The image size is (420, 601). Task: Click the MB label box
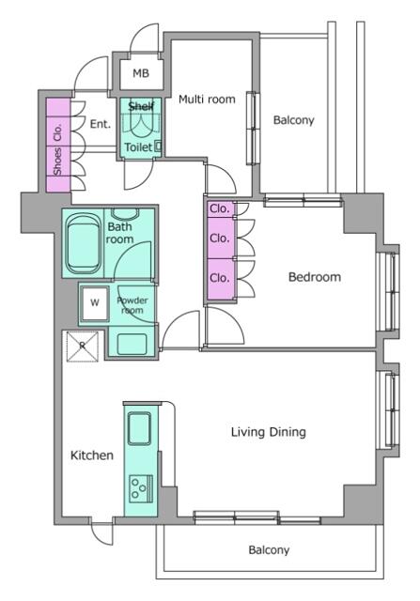(x=140, y=73)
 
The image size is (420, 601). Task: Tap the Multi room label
(x=206, y=98)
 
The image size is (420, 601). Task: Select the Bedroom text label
(x=314, y=277)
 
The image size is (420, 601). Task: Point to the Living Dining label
(x=269, y=432)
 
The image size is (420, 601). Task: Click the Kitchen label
(x=92, y=455)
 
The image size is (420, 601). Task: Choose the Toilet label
(x=137, y=147)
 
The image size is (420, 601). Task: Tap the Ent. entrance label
(x=101, y=123)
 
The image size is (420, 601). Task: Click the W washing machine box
(x=94, y=302)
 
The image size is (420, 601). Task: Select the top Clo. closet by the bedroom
(x=220, y=208)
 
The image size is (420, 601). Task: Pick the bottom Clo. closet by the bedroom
(x=220, y=278)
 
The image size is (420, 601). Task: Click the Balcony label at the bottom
(x=269, y=550)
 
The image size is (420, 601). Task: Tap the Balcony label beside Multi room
(x=293, y=120)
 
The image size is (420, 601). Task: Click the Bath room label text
(x=120, y=233)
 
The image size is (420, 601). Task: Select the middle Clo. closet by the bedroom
(x=220, y=239)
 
